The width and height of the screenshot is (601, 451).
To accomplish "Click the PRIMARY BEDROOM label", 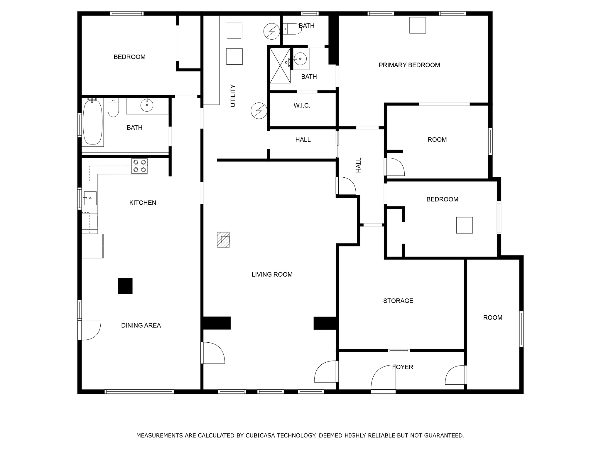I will (409, 65).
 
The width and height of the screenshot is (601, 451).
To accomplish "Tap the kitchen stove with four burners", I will (140, 166).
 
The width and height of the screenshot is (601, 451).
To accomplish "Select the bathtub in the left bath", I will (92, 122).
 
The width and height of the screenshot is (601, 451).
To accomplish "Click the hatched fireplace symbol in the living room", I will (223, 240).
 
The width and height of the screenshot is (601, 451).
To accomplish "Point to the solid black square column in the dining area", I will (125, 286).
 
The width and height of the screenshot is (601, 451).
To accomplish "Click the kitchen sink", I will (90, 198).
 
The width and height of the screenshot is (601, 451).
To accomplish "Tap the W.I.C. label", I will (302, 106).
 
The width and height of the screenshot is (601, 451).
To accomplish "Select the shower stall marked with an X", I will (280, 65).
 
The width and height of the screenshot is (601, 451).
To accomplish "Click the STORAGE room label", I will (398, 301).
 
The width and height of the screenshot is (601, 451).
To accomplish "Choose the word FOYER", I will (403, 367).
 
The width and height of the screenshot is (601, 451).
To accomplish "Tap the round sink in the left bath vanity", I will (147, 105).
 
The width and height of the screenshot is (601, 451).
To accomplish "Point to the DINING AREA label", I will (141, 325).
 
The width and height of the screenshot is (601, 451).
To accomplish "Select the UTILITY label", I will (233, 96).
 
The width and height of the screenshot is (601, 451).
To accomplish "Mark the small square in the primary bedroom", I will (417, 25).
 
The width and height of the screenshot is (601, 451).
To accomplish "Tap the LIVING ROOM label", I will (272, 275).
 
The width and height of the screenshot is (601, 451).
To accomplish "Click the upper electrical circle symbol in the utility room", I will (272, 31).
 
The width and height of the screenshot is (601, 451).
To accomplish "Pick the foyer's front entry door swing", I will (383, 379).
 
